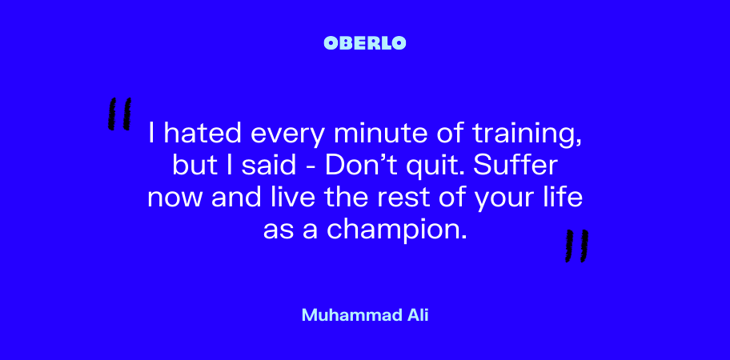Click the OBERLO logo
click(x=364, y=43)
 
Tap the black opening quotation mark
click(x=119, y=114)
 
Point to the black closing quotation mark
click(x=577, y=246)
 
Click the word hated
click(x=203, y=134)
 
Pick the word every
click(x=287, y=136)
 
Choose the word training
click(x=527, y=135)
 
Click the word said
click(x=269, y=166)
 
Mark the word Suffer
click(x=515, y=166)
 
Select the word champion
click(x=396, y=230)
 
